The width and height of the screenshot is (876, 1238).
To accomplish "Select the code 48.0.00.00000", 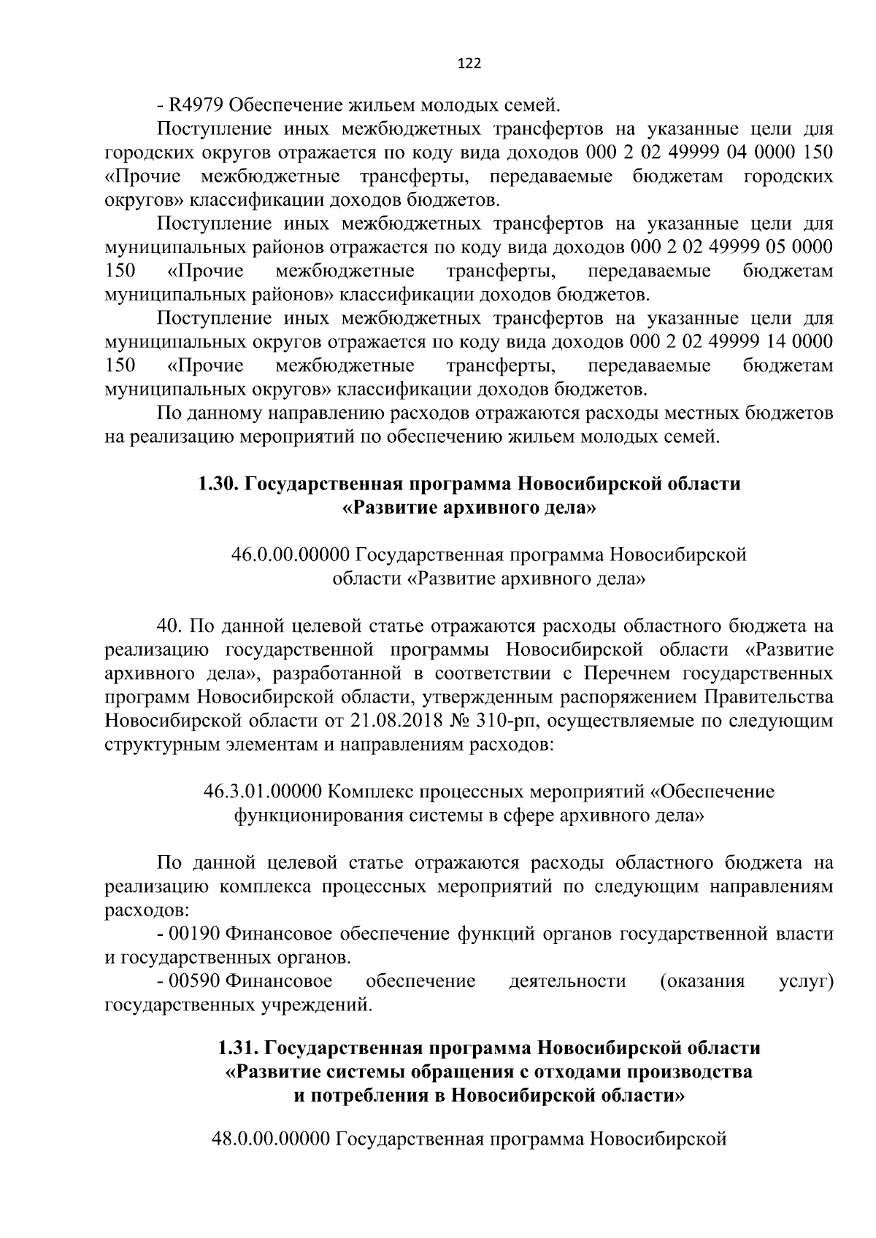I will (270, 1139).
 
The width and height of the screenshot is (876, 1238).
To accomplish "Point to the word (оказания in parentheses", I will (702, 981).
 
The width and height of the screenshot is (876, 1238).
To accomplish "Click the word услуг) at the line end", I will (806, 981).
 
